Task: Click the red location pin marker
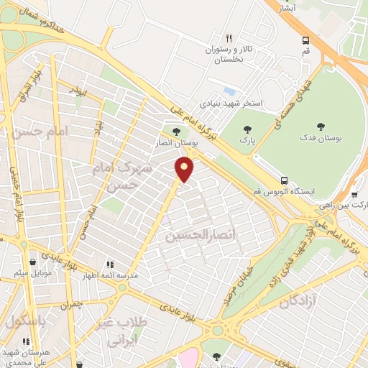coord(185,170)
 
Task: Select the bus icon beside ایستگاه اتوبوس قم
coord(285,180)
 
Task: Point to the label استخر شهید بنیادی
coord(232,103)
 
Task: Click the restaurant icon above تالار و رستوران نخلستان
coord(229,38)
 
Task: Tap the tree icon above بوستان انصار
coord(177,132)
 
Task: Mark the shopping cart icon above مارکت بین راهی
coord(354,194)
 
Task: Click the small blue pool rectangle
coord(229,91)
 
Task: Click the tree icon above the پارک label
coord(248,130)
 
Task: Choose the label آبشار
coord(287,8)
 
